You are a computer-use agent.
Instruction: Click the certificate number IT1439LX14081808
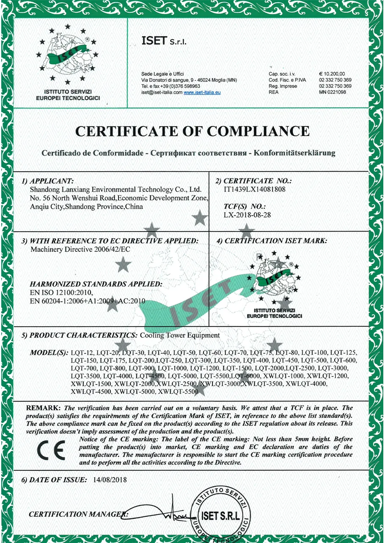pos(254,189)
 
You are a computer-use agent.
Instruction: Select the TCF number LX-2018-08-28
pos(247,215)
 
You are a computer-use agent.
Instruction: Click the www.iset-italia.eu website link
pos(202,92)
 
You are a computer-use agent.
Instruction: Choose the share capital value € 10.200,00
pos(333,74)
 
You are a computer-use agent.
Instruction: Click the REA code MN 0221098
pos(333,92)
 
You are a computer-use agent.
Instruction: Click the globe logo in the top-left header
pos(68,53)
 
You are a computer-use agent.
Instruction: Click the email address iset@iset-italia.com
pos(162,92)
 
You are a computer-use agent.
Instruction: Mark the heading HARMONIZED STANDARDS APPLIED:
pos(96,284)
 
